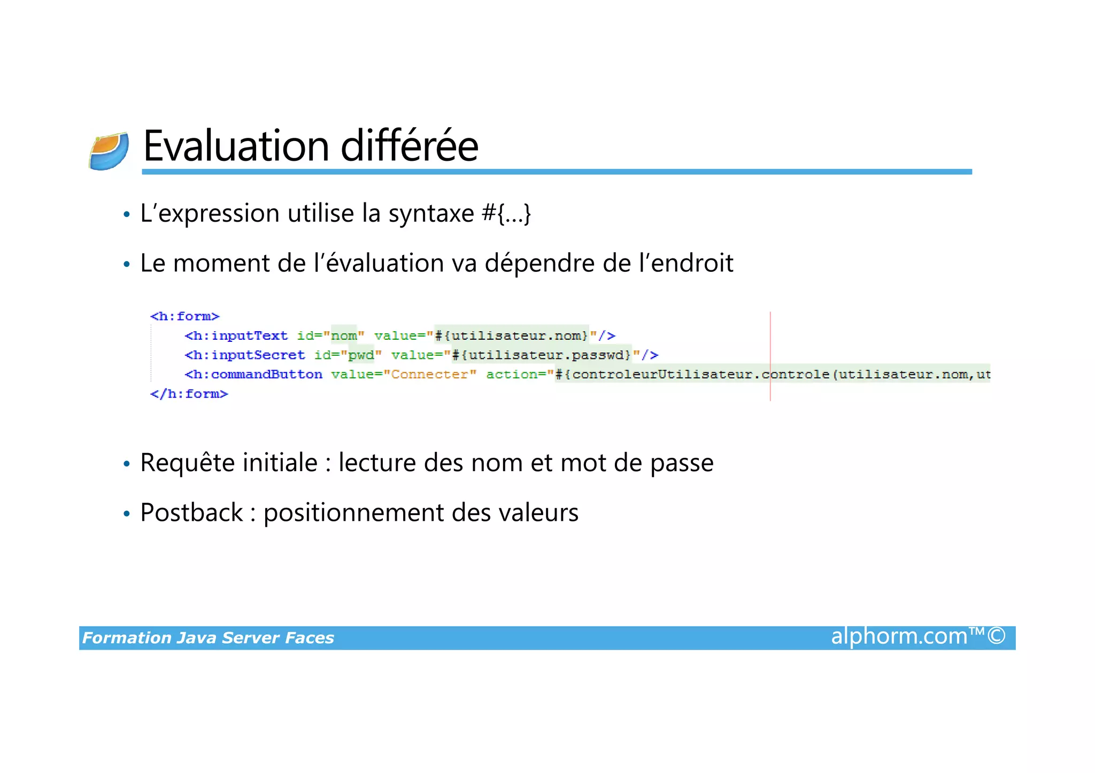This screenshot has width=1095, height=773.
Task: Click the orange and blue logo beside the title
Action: click(x=109, y=151)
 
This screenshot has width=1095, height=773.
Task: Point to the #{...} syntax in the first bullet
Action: click(x=506, y=213)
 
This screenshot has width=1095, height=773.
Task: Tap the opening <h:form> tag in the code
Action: click(x=185, y=316)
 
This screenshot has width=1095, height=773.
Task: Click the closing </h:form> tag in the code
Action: click(x=189, y=394)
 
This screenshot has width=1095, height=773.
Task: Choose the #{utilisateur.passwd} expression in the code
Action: click(x=542, y=355)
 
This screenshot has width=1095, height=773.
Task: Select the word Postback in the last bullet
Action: click(x=191, y=513)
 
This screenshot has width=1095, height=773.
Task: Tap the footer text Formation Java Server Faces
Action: click(x=208, y=638)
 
